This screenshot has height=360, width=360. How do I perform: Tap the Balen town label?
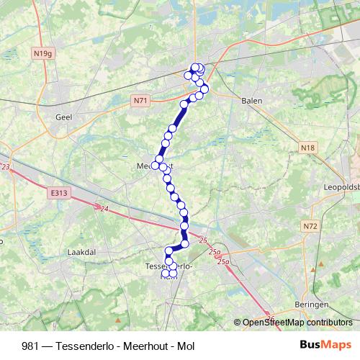click(251, 102)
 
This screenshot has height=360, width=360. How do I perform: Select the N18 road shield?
click(309, 147)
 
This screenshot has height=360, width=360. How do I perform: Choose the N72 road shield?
click(310, 226)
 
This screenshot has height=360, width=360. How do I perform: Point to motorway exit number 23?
click(6, 167)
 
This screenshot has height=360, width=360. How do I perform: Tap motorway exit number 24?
click(104, 209)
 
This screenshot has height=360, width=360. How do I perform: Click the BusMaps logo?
click(325, 346)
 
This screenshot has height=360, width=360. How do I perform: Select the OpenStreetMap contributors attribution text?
click(297, 323)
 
